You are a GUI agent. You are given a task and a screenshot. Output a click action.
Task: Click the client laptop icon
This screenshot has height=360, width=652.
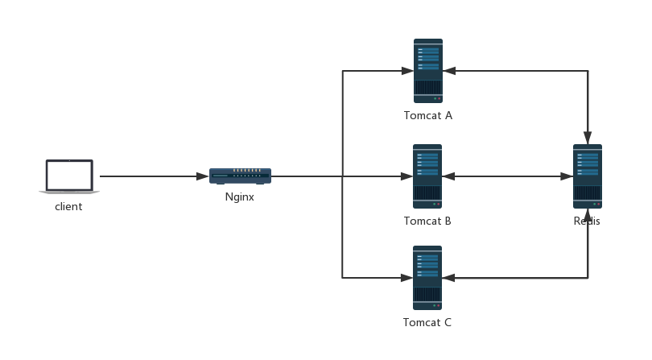[69, 177]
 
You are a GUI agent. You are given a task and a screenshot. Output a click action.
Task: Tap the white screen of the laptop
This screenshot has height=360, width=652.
[69, 173]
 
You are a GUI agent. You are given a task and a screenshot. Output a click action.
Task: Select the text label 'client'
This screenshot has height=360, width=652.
[68, 207]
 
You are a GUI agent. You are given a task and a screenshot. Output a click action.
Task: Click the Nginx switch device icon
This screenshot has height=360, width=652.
[240, 176]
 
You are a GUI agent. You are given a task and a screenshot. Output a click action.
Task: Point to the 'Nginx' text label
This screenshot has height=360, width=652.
[240, 197]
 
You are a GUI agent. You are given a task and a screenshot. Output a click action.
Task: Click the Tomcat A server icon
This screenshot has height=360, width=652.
[428, 71]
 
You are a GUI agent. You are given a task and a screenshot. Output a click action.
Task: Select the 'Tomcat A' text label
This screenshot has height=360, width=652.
[428, 116]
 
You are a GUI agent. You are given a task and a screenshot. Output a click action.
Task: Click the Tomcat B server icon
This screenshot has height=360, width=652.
[427, 176]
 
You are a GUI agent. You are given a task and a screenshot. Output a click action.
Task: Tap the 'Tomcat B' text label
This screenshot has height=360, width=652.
[427, 221]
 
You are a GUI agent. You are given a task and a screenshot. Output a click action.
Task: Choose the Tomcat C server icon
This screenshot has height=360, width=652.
[427, 278]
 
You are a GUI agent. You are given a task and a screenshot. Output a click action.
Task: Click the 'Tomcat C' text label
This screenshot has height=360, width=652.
[427, 323]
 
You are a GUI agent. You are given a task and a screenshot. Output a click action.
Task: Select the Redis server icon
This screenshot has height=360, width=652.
[588, 176]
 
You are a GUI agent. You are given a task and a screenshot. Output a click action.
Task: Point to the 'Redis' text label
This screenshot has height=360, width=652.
[587, 221]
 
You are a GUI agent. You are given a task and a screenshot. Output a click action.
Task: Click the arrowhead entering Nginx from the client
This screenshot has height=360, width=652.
[202, 176]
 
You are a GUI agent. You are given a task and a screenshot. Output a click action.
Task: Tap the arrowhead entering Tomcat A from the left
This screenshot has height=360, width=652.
[407, 71]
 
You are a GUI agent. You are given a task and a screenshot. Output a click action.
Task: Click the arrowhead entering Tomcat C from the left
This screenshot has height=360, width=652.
[407, 278]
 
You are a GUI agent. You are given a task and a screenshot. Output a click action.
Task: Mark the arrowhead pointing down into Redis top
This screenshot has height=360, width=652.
[588, 138]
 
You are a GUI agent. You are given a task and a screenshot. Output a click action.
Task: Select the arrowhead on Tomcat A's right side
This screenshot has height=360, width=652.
[449, 71]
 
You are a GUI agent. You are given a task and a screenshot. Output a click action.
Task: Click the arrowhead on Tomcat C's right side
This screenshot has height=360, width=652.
[449, 278]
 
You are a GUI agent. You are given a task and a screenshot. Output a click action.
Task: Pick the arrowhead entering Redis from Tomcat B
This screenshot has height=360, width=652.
[567, 176]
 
